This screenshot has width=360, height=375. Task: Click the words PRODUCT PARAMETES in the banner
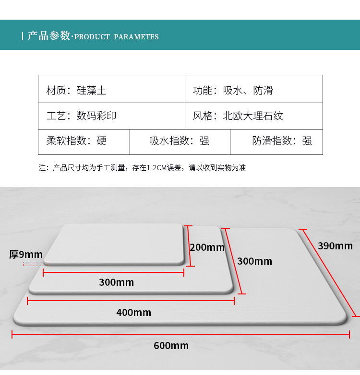pyautogui.click(x=117, y=37)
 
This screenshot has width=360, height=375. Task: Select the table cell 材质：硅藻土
pyautogui.click(x=76, y=90)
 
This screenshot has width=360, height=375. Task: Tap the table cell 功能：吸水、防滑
pyautogui.click(x=233, y=90)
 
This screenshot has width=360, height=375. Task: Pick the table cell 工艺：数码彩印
pyautogui.click(x=81, y=116)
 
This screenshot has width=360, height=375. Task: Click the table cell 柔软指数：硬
pyautogui.click(x=76, y=141)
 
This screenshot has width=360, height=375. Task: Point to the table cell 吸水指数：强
pyautogui.click(x=180, y=141)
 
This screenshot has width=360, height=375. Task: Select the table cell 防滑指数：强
pyautogui.click(x=282, y=141)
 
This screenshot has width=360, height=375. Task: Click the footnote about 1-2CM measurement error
pyautogui.click(x=142, y=168)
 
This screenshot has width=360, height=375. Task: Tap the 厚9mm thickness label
pyautogui.click(x=26, y=254)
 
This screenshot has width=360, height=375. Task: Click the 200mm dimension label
pyautogui.click(x=207, y=247)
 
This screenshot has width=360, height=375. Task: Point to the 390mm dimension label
pyautogui.click(x=335, y=246)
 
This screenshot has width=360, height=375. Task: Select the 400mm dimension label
pyautogui.click(x=133, y=313)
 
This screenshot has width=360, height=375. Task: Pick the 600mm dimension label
pyautogui.click(x=171, y=345)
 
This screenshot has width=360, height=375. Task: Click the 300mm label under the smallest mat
pyautogui.click(x=116, y=282)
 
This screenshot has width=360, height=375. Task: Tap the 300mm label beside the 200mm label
pyautogui.click(x=254, y=261)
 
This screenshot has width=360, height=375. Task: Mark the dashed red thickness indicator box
pyautogui.click(x=36, y=264)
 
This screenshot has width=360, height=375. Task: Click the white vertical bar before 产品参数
pyautogui.click(x=23, y=36)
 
